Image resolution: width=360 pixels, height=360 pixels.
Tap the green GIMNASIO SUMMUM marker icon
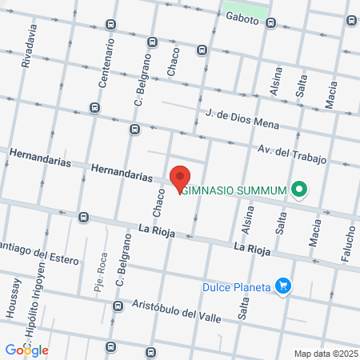pyautogui.click(x=300, y=190)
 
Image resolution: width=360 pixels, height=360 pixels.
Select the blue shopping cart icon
pyautogui.click(x=282, y=285)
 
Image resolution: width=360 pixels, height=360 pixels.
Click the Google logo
pyautogui.click(x=26, y=350)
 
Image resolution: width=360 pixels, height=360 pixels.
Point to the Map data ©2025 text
pyautogui.click(x=325, y=353)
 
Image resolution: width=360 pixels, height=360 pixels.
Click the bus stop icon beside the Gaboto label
pyautogui.click(x=271, y=23)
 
